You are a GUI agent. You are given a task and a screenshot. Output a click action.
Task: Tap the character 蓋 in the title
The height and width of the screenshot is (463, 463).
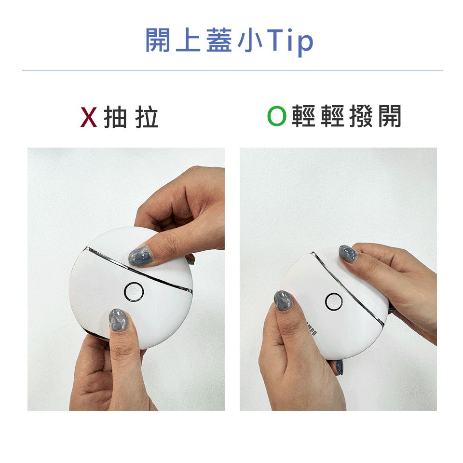pyautogui.click(x=219, y=40)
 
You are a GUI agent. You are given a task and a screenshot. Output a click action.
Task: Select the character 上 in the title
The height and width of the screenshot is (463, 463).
pyautogui.click(x=188, y=40)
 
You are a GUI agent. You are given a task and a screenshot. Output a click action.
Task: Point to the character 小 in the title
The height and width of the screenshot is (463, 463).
pyautogui.click(x=250, y=40)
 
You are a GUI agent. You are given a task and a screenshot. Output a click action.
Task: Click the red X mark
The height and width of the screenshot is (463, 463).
pyautogui.click(x=89, y=117)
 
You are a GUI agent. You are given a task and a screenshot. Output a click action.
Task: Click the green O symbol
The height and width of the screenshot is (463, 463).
pyautogui.click(x=277, y=116)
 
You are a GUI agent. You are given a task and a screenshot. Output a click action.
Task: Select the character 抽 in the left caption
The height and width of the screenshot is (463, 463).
pyautogui.click(x=115, y=117)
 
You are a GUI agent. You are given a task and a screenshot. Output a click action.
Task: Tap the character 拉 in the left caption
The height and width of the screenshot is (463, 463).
pyautogui.click(x=147, y=117)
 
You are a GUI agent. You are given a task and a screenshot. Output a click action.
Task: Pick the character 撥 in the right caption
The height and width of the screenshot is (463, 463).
pyautogui.click(x=361, y=116)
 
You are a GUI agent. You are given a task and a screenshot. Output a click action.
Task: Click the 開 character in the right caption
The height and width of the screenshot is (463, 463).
pyautogui.click(x=390, y=116)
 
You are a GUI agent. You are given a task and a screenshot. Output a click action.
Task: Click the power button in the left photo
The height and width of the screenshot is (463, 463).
pyautogui.click(x=134, y=292)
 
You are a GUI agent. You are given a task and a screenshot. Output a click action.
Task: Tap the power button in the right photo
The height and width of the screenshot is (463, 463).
pyautogui.click(x=334, y=302)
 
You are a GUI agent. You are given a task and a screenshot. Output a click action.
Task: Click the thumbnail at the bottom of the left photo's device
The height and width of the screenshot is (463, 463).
pyautogui.click(x=118, y=320)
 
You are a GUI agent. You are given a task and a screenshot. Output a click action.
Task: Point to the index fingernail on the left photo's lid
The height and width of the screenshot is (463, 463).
pyautogui.click(x=139, y=257)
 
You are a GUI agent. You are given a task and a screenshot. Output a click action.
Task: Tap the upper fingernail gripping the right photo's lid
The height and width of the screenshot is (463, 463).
pyautogui.click(x=348, y=254)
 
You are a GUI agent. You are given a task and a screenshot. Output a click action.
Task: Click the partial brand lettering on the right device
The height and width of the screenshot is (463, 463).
pyautogui.click(x=311, y=328)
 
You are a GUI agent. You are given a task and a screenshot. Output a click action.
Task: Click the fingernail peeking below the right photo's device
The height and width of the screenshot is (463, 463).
pyautogui.click(x=340, y=367)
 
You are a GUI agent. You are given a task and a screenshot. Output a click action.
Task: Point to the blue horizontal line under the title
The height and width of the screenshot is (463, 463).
pyautogui.click(x=232, y=70)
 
